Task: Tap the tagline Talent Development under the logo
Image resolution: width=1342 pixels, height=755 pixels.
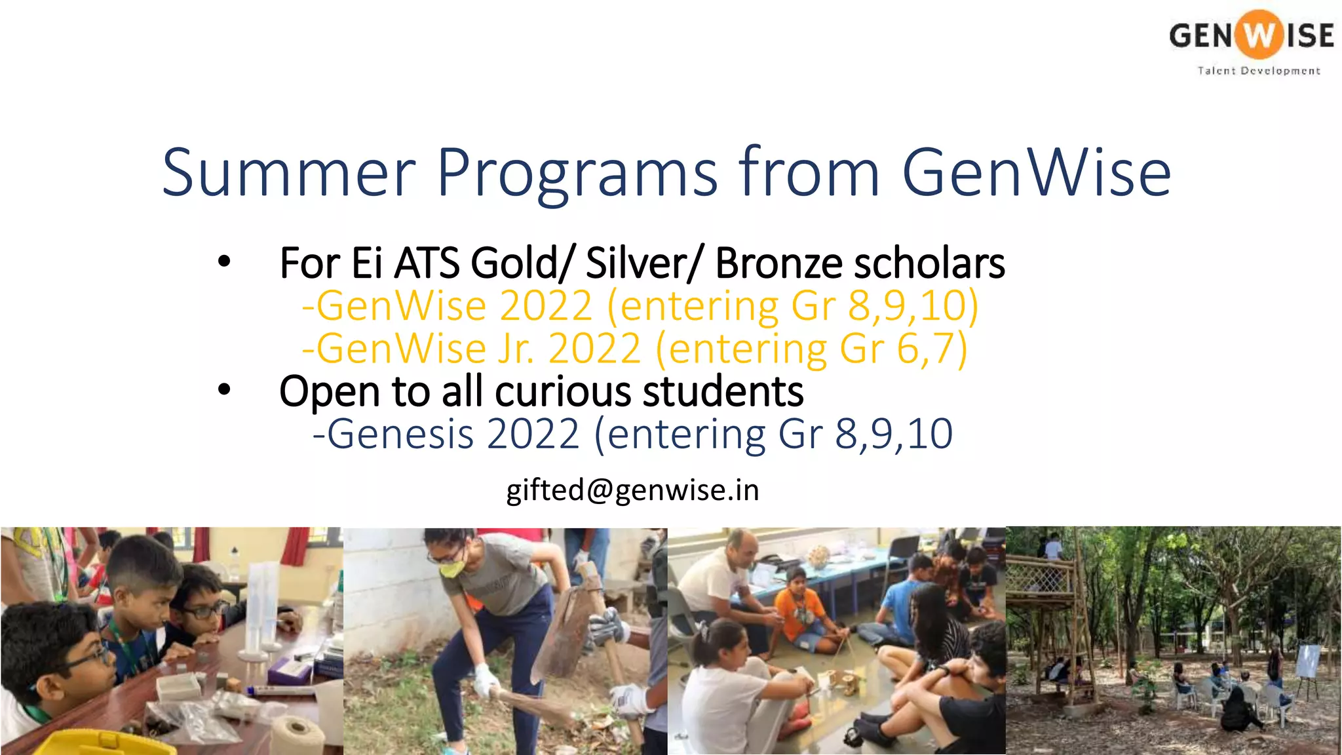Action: [1259, 71]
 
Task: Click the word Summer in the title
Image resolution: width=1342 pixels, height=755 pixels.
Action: [288, 173]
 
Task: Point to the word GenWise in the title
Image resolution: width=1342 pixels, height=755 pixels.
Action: [1036, 173]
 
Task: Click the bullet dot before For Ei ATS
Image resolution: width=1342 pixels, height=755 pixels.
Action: [224, 262]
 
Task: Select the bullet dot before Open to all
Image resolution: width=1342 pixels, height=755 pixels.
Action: [224, 390]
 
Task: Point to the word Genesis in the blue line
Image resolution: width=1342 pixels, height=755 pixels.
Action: [400, 434]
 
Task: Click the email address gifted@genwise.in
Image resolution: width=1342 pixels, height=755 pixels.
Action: [632, 490]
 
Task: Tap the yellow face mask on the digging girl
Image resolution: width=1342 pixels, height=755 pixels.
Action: [452, 568]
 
